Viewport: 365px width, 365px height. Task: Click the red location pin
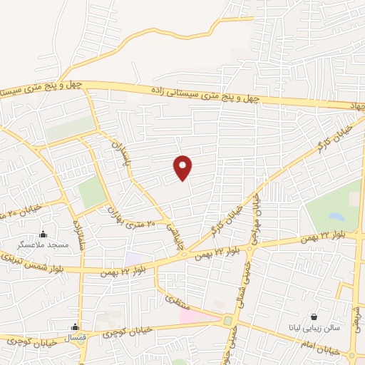[184, 167]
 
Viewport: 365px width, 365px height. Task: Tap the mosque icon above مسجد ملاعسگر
[43, 233]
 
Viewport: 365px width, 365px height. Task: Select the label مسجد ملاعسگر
[43, 245]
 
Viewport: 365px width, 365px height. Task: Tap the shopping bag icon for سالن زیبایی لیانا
[314, 317]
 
